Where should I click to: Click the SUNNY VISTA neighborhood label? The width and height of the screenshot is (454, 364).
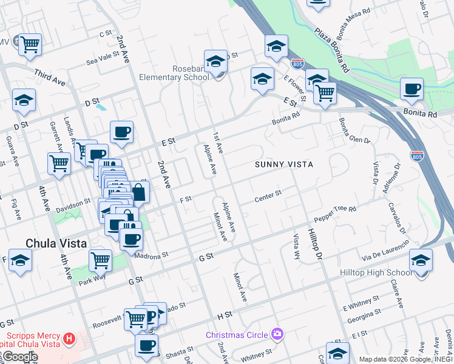[283, 164]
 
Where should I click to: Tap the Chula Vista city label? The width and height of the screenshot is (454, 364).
[56, 243]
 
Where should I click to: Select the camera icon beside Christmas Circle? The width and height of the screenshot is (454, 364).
[277, 334]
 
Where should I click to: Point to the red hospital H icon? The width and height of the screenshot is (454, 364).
[69, 337]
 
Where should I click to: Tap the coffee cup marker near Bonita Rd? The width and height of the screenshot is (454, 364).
[412, 90]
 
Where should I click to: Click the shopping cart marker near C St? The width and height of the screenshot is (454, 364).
[29, 45]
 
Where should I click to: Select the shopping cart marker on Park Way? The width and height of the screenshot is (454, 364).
[100, 261]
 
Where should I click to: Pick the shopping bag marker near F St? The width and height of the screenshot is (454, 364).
[139, 193]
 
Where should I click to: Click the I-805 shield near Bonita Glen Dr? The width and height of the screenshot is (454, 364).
[416, 155]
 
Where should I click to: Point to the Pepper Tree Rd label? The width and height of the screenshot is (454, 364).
[334, 214]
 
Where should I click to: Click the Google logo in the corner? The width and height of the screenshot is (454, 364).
[19, 357]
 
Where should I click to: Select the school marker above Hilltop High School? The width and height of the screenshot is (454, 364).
[421, 260]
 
